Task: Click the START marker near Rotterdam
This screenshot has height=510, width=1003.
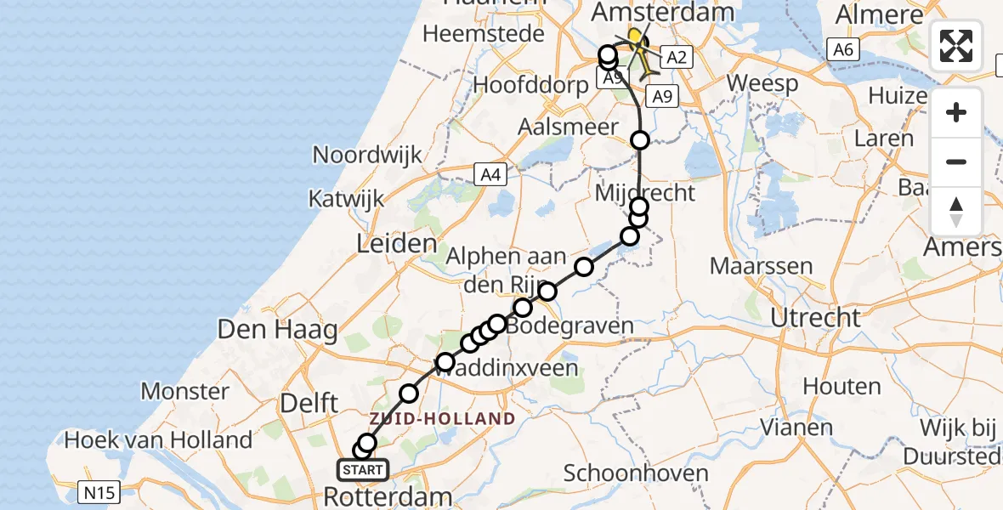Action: tap(363, 469)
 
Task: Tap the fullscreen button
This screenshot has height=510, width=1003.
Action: tap(956, 46)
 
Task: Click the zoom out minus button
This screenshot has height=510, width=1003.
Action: tap(956, 161)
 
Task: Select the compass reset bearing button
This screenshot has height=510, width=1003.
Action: tap(956, 211)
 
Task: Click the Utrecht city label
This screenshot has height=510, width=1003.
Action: tap(815, 318)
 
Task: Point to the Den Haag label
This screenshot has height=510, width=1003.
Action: tap(278, 330)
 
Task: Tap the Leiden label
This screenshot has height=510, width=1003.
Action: tap(396, 245)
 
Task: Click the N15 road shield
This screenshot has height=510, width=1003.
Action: tap(100, 490)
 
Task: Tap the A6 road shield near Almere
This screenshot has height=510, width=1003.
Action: tap(842, 50)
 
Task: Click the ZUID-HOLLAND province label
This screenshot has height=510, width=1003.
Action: tap(442, 418)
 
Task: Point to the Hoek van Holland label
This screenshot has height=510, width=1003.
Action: tap(158, 440)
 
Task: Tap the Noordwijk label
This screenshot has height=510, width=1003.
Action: tap(367, 155)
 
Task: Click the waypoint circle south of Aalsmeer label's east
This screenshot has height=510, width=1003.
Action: tap(640, 140)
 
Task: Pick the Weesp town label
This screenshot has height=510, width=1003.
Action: tap(762, 84)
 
